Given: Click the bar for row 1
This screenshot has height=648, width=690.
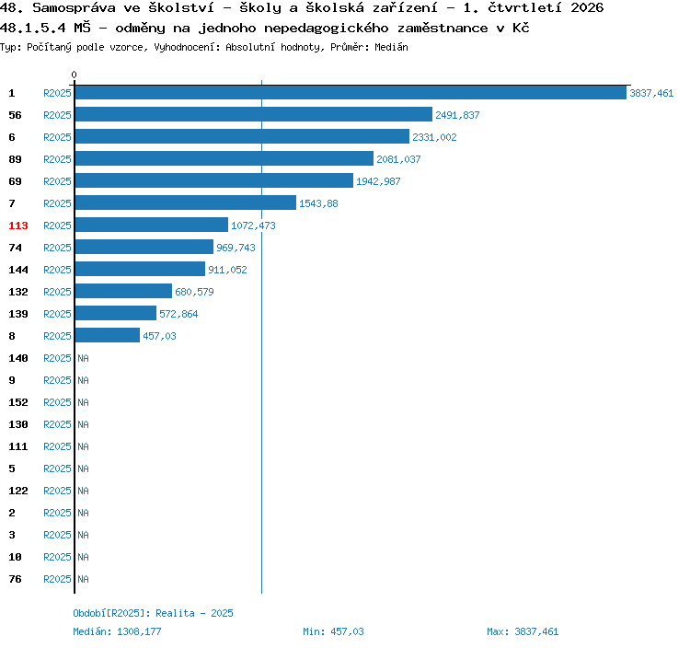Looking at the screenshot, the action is pos(351,92).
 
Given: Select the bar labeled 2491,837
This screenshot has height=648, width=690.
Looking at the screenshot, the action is pos(254,114).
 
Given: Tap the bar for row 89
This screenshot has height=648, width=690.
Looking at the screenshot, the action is pos(224,158).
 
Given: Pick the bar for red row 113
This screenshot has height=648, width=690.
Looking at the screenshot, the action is pos(152,225).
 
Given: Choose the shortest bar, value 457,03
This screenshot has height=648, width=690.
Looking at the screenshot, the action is pos(108,335).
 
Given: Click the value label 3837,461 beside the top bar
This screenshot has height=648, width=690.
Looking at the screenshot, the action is pos(651,93).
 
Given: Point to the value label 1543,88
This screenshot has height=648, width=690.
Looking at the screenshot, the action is pos(318,203).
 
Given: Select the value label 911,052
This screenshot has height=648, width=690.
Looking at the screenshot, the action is pos(227,270).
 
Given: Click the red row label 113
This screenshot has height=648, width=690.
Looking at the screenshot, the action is pos(18,226).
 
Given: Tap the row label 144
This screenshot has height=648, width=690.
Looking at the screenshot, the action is pos(18,270).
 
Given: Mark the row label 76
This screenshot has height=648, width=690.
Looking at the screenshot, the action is pos(15,579).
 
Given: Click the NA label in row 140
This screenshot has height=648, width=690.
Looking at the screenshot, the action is pos(83,358).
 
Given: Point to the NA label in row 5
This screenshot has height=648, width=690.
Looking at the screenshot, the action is pos(83,469).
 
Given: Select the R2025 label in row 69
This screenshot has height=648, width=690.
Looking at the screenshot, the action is pos(57,181).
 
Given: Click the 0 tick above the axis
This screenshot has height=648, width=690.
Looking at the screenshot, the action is pos(74,75).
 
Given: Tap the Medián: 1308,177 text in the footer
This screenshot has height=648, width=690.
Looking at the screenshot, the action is pos(117,631).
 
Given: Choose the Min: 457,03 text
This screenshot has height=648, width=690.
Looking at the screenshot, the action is pos(333,631).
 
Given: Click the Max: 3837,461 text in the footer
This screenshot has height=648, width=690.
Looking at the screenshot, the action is pos(523,631).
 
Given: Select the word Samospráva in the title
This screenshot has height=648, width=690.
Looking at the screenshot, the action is pos(74,7).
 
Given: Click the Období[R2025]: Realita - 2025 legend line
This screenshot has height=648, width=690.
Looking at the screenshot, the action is pos(153,613).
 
